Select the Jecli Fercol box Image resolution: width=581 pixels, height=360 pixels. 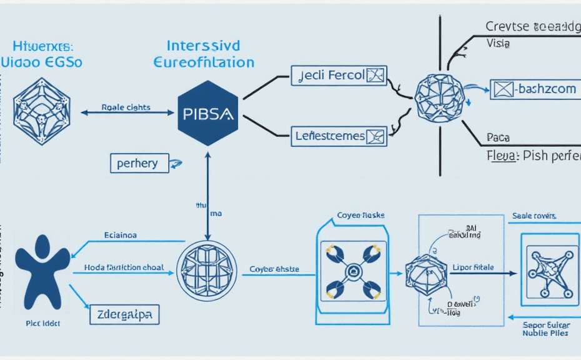point(339,76)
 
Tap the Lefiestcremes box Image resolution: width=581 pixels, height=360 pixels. point(339,135)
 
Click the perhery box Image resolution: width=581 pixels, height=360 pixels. point(139,163)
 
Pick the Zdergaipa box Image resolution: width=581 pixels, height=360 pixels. point(124,314)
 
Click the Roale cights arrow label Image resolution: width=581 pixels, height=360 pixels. point(126,107)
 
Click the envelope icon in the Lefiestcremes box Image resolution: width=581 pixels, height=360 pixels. point(375,135)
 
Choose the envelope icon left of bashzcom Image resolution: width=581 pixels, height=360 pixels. point(503,89)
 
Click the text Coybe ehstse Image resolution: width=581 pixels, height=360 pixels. point(274,269)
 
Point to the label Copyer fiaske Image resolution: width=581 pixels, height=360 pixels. point(360,215)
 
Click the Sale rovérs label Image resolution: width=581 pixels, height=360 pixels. point(534,216)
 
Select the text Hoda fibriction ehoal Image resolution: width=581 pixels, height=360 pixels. point(124,267)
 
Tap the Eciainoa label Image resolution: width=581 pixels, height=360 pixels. point(121,236)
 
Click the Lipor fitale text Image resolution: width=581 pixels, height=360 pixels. point(472,267)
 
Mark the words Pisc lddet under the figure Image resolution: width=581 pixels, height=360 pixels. point(39,325)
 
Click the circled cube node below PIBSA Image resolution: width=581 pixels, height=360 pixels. point(207,271)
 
